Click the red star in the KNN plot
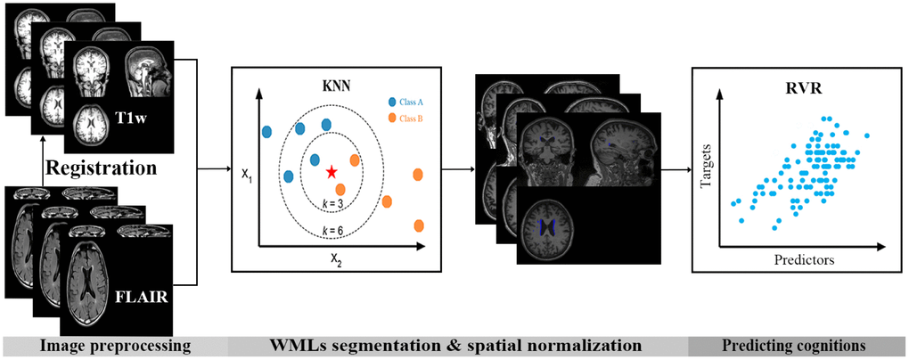tap(332, 171)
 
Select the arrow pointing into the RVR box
tap(677, 168)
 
